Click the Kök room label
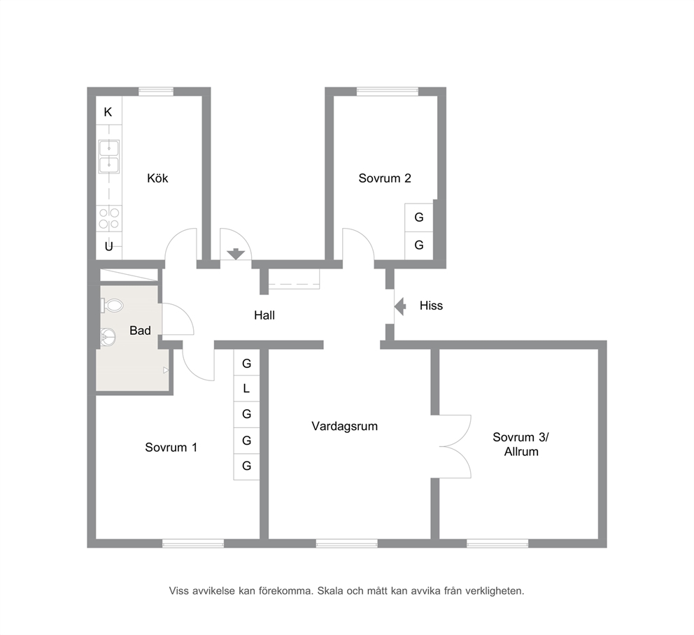pyautogui.click(x=157, y=178)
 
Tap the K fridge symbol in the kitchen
pyautogui.click(x=108, y=111)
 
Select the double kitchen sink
pyautogui.click(x=109, y=156)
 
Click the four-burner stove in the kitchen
pyautogui.click(x=109, y=218)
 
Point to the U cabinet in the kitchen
pyautogui.click(x=109, y=246)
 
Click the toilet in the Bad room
pyautogui.click(x=112, y=306)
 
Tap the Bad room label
pyautogui.click(x=140, y=331)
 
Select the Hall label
pyautogui.click(x=264, y=315)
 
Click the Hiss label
pyautogui.click(x=431, y=306)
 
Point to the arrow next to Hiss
pyautogui.click(x=400, y=306)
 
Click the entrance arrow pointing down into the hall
pyautogui.click(x=236, y=254)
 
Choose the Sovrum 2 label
pyautogui.click(x=385, y=178)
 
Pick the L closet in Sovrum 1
pyautogui.click(x=246, y=389)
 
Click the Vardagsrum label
pyautogui.click(x=345, y=426)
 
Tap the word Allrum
pyautogui.click(x=521, y=452)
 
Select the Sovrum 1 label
pyautogui.click(x=171, y=448)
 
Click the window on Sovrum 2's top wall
pyautogui.click(x=388, y=92)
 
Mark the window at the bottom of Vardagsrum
pyautogui.click(x=346, y=544)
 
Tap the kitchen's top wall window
pyautogui.click(x=156, y=92)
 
